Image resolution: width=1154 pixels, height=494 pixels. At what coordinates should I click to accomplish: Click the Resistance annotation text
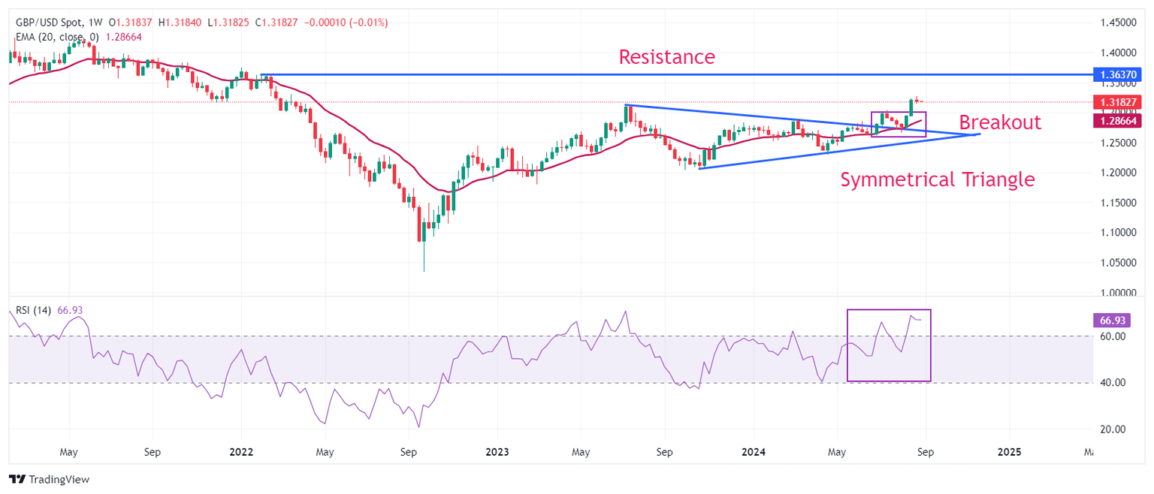[x=666, y=56]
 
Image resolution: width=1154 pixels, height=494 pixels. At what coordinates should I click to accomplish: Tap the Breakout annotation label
[x=999, y=122]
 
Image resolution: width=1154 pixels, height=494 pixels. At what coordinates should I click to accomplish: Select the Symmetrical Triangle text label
[x=937, y=179]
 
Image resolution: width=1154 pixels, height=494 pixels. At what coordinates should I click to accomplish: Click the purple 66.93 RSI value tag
[x=1109, y=321]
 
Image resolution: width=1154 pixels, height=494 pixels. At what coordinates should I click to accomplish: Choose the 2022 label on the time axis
[x=241, y=453]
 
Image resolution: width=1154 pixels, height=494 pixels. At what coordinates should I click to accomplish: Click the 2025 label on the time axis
[x=1009, y=453]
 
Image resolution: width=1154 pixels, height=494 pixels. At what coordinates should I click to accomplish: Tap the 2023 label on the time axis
[x=497, y=453]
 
